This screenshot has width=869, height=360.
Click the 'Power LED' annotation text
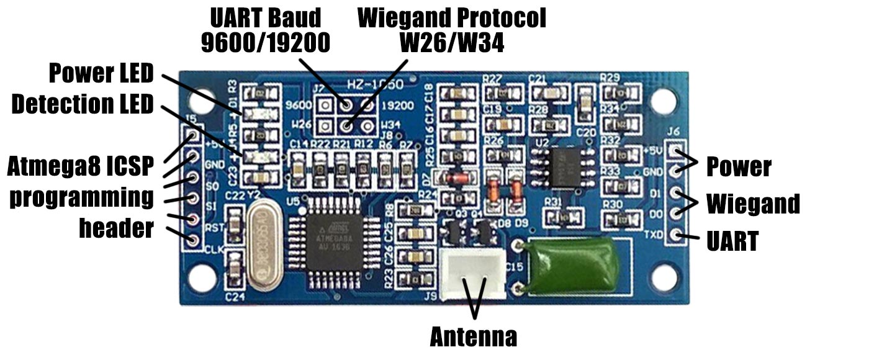[x=101, y=73]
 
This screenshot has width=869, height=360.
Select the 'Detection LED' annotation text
[x=83, y=104]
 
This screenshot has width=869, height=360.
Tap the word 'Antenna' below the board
[x=474, y=337]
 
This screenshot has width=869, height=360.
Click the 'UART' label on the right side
[x=732, y=241]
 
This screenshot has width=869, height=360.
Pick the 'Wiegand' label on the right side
[x=753, y=204]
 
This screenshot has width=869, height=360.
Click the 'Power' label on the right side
[x=739, y=166]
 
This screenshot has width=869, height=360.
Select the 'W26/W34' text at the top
[x=451, y=43]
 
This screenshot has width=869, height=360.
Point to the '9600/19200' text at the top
[x=265, y=43]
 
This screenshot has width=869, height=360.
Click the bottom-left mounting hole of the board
[x=204, y=276]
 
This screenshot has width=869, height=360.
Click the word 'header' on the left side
[x=116, y=228]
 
